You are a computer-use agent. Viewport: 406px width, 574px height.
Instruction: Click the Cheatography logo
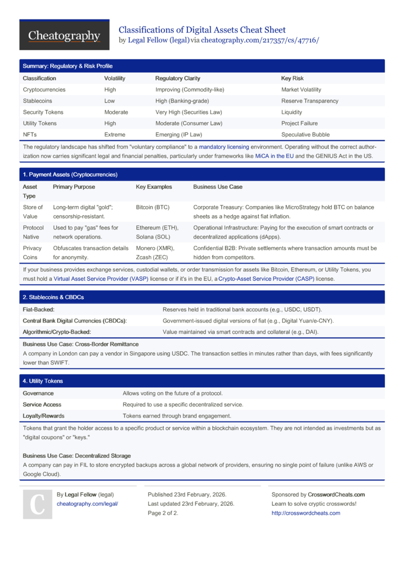[x=64, y=36]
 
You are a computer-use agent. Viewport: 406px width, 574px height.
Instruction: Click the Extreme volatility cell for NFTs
[x=114, y=135]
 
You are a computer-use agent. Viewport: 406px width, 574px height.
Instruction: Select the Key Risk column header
[x=292, y=78]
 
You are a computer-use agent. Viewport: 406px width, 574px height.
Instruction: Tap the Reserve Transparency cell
[x=310, y=101]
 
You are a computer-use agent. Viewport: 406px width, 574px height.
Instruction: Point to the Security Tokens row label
[x=43, y=113]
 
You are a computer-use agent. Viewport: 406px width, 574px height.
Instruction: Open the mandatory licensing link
[x=224, y=147]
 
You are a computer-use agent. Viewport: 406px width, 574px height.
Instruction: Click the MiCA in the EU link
[x=274, y=156]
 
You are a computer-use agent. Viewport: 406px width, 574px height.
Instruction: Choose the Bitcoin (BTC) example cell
[x=153, y=207]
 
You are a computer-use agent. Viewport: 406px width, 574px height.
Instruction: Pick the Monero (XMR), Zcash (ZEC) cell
[x=155, y=253]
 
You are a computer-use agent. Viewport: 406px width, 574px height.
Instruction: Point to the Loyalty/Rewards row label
[x=43, y=416]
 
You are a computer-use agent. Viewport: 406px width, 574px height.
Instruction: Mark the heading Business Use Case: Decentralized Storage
[x=76, y=456]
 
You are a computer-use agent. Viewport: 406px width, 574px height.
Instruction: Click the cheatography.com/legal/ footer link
[x=87, y=504]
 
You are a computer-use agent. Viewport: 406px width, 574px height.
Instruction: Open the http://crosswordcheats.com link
[x=306, y=513]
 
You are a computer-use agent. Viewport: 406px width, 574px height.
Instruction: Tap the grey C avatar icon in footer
[x=37, y=504]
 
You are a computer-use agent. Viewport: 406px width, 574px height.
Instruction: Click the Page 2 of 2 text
[x=163, y=513]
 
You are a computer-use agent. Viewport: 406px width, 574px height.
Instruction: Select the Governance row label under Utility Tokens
[x=38, y=393]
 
